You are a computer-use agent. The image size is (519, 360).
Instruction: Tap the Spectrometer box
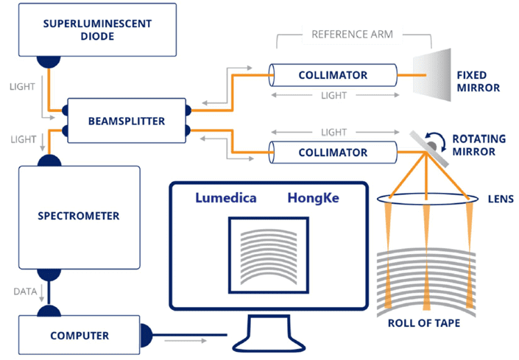pos(79,216)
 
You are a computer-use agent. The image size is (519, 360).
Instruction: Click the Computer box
pos(79,336)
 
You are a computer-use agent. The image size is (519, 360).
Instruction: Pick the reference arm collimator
pos(333,75)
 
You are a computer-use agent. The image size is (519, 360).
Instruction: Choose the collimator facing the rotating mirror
pos(333,152)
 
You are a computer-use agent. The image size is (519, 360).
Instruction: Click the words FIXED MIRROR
pos(478,81)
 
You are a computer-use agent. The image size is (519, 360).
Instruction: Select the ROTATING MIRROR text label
pos(479,145)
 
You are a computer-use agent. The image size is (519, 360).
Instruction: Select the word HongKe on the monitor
pos(312,198)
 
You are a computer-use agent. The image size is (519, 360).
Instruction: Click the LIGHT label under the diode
pos(21,87)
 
